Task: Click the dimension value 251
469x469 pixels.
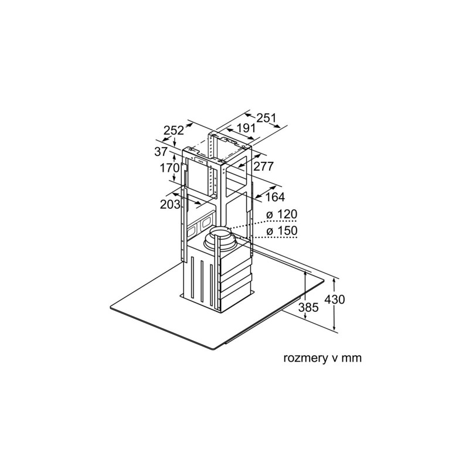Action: coord(267,118)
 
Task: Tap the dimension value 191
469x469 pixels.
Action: coord(246,128)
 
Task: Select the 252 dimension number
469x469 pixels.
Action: coord(174,130)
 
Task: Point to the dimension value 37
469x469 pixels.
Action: coord(161,152)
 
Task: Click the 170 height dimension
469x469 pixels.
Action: coord(169,168)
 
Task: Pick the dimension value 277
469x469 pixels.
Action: coord(263,166)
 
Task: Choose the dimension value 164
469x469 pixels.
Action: coord(275,197)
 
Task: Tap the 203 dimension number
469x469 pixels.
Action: coord(170,204)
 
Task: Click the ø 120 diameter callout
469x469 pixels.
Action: coord(282,214)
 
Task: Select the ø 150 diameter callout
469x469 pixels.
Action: coord(282,230)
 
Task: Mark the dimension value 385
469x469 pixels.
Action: coord(308,307)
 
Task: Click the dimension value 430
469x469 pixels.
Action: coord(335,299)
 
